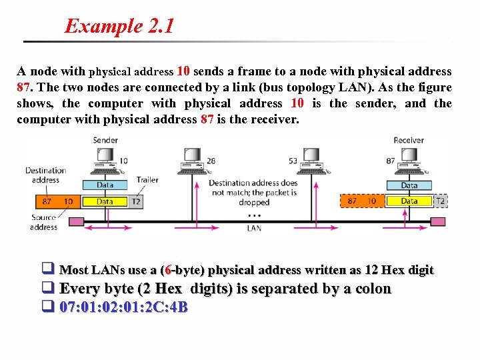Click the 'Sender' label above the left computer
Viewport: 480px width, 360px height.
tap(105, 140)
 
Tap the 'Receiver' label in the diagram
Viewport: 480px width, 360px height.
tap(408, 140)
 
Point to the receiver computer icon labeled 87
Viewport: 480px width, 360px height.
tap(409, 160)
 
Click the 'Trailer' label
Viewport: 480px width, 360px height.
tap(147, 180)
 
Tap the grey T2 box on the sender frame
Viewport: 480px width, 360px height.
tap(136, 201)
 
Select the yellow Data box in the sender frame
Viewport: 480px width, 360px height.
tap(105, 201)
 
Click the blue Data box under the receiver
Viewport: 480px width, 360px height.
tap(409, 185)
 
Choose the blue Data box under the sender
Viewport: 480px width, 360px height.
tap(105, 185)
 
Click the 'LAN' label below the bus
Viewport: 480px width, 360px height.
tap(254, 228)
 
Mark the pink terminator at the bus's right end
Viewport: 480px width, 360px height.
tap(438, 221)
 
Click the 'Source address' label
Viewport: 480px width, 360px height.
tap(43, 222)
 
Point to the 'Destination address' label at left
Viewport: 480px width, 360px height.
tap(45, 175)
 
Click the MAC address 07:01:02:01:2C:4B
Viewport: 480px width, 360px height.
tap(123, 307)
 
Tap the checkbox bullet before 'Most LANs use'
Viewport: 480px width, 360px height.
tap(48, 270)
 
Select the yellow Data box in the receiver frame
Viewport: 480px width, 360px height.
tap(409, 201)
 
